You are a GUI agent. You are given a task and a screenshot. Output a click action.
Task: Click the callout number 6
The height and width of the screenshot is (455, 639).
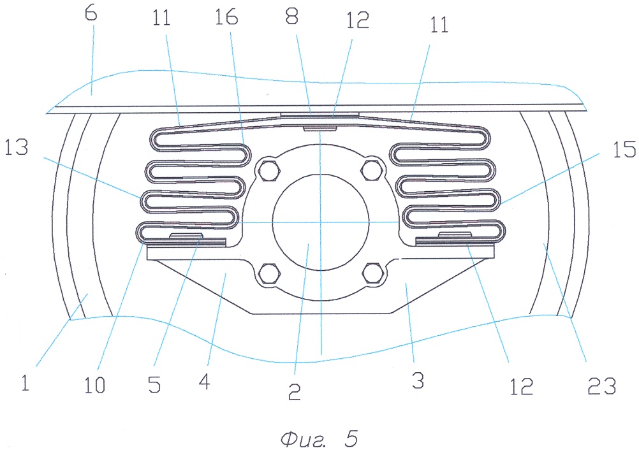click(x=91, y=13)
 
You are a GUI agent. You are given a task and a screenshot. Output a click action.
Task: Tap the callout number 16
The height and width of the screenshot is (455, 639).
click(x=226, y=17)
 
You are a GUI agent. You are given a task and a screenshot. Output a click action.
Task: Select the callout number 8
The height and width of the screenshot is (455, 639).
click(x=292, y=17)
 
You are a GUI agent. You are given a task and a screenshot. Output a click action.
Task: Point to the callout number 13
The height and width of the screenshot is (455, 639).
click(x=17, y=147)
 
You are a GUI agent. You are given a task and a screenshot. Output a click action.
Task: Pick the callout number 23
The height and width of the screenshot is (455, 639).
click(x=602, y=386)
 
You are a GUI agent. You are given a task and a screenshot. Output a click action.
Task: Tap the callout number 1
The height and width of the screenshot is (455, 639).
click(x=26, y=383)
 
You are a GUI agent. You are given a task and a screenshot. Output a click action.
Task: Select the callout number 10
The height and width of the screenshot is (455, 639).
click(x=94, y=385)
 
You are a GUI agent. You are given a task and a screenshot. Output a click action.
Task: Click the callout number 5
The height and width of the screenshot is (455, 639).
click(x=154, y=385)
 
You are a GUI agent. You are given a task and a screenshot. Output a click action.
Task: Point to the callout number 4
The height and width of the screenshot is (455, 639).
click(x=205, y=382)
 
